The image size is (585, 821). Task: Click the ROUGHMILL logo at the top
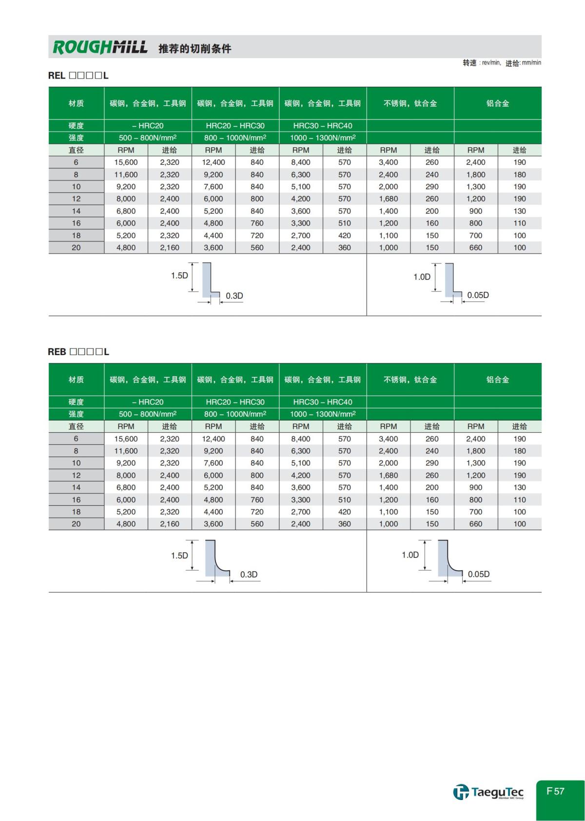coord(100,47)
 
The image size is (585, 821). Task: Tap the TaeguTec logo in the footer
coord(488,792)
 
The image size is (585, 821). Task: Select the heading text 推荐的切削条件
coord(195,49)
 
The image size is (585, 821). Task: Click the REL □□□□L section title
coord(78,76)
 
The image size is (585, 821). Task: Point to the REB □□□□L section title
coord(78,352)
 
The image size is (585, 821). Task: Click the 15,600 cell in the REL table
coord(126,162)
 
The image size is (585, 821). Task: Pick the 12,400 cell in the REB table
coord(213,439)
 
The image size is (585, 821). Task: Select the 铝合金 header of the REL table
coord(497,103)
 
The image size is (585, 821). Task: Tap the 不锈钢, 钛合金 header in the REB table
coord(410,380)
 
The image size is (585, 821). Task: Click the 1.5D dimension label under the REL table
coord(179,276)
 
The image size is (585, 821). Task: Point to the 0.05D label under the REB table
coord(478,574)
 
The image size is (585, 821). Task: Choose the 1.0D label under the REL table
coord(422,277)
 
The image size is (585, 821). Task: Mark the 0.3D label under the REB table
coord(249,575)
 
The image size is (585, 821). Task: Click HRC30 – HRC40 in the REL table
coord(322,126)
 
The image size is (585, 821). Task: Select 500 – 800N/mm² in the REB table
coord(148,414)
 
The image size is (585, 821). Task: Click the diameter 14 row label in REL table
coord(76,211)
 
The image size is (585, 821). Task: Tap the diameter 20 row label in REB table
coord(76,524)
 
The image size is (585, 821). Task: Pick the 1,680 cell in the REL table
coord(388,199)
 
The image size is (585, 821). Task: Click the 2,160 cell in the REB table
coord(169,524)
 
